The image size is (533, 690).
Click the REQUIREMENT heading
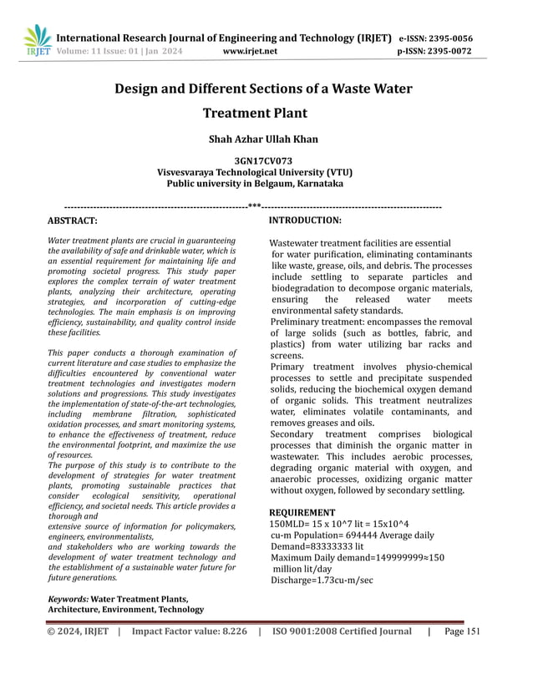302,512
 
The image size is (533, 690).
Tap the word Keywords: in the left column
68,599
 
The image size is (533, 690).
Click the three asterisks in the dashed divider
254,205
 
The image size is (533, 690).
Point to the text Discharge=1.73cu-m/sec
322,581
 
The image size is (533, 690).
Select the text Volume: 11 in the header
76,51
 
